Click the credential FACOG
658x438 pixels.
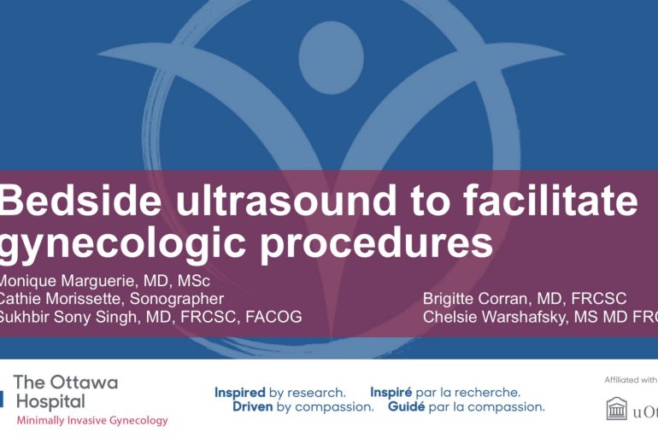coord(271,318)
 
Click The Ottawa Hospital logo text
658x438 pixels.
coord(65,391)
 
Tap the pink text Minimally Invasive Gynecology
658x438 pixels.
coord(91,420)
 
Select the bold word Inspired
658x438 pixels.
coord(240,393)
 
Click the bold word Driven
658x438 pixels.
coord(253,407)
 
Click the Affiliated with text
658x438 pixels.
coord(631,380)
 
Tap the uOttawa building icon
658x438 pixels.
coord(616,410)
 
